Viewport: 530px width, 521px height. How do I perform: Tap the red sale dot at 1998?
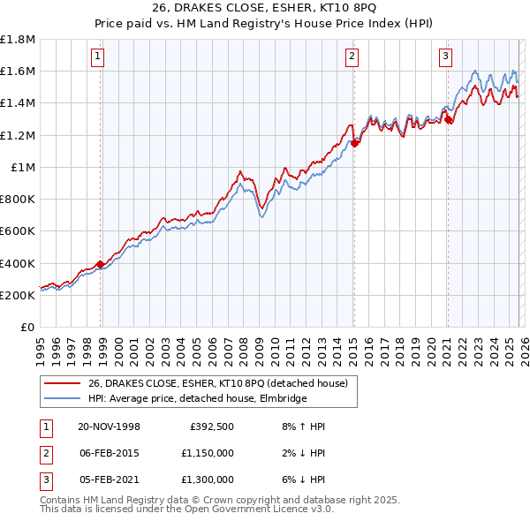coord(101,264)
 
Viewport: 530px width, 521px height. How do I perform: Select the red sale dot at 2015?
coord(354,142)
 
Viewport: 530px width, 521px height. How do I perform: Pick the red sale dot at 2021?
coord(448,118)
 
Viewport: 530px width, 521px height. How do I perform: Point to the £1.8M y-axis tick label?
coord(18,41)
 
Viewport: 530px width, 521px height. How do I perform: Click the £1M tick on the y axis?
coord(23,168)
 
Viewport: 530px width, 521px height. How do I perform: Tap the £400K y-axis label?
coord(18,263)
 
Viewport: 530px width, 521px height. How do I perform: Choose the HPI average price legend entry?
coord(197,399)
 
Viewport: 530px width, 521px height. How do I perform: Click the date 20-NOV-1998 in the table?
coord(109,427)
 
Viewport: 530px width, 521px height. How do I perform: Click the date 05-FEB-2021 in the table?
coord(109,479)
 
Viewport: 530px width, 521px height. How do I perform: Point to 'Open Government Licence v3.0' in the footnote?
coord(265,510)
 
